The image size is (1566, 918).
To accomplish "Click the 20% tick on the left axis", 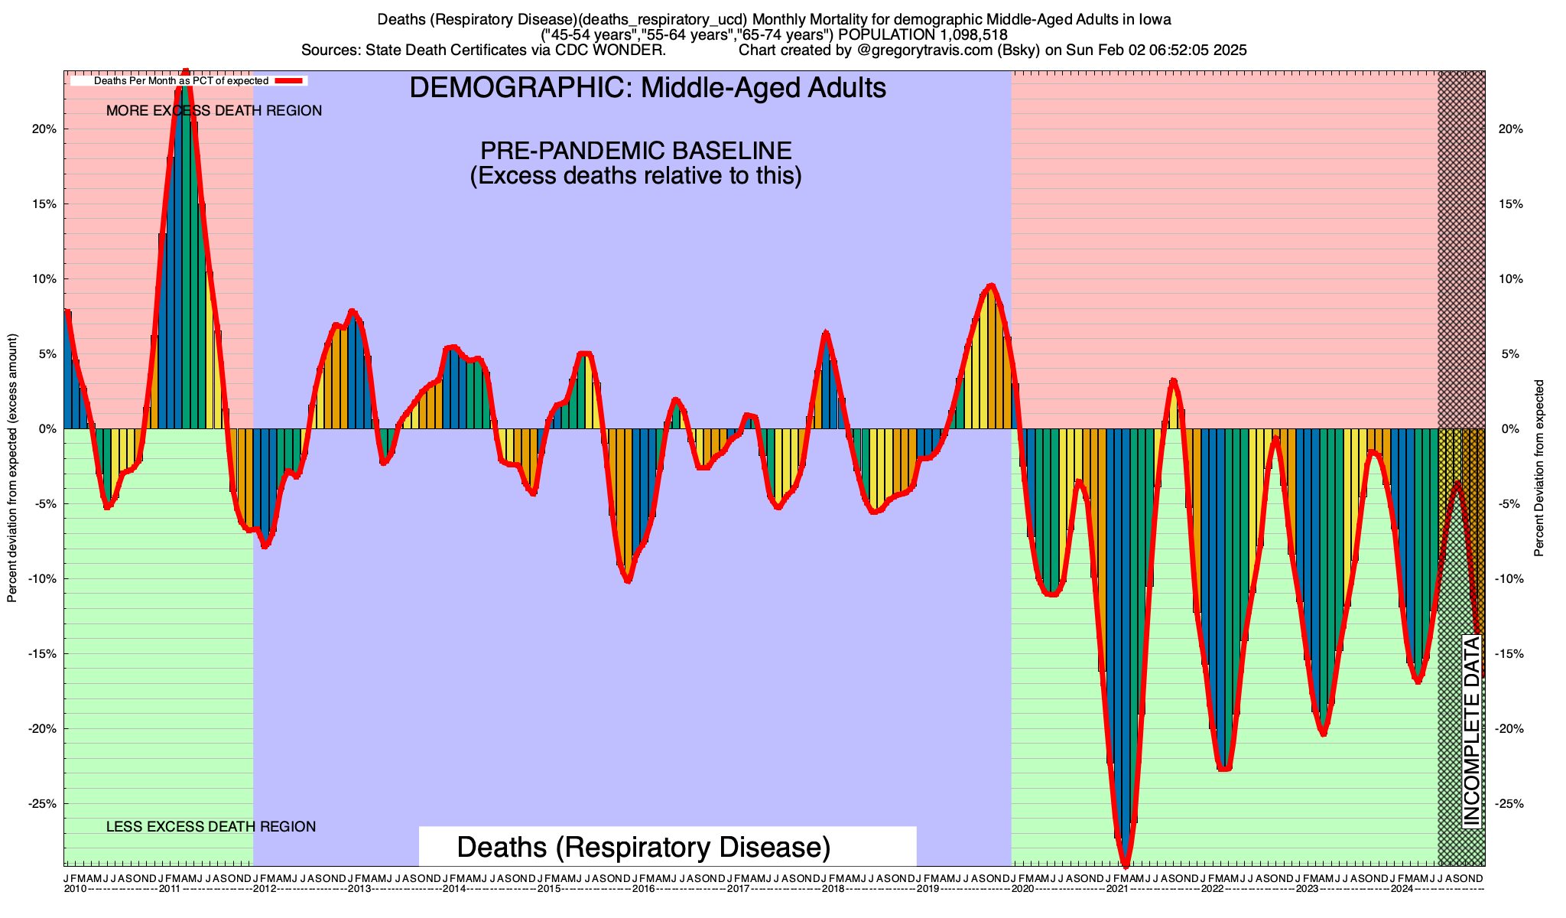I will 44,129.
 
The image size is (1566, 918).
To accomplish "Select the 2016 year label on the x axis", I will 643,890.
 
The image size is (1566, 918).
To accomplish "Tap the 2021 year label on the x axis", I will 1117,890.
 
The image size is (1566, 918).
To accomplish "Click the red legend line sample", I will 290,80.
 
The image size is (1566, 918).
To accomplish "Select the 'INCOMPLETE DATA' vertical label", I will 1471,731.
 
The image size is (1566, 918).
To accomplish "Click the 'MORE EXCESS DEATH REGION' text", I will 214,111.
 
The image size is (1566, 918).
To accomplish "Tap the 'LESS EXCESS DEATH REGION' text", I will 211,827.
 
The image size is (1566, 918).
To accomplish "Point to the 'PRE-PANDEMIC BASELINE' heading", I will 635,150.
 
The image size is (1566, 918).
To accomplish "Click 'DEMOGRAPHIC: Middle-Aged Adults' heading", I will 648,88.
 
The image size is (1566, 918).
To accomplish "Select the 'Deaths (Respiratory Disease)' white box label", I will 643,848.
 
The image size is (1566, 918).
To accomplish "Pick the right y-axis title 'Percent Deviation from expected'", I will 1539,468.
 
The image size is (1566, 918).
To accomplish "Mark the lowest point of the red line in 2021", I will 1126,865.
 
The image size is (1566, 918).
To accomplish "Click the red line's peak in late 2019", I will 992,285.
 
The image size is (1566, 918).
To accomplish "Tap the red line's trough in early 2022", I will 1224,769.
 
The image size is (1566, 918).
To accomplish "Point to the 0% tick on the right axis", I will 1509,429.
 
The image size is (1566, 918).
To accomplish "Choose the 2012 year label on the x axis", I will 265,890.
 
